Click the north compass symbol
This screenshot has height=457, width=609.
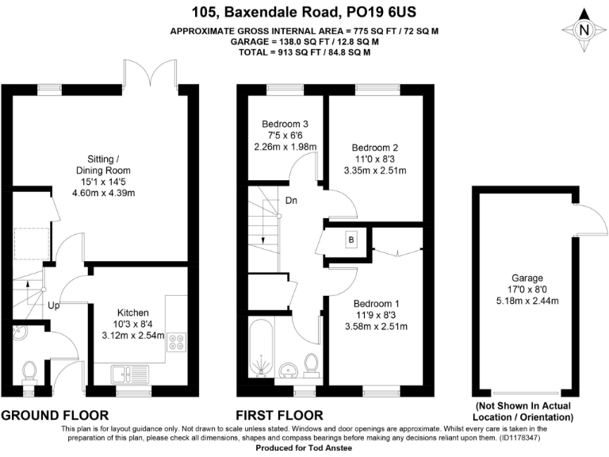pyautogui.click(x=584, y=29)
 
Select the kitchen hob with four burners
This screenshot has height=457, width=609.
pyautogui.click(x=175, y=343)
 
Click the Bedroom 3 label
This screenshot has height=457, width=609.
pyautogui.click(x=285, y=124)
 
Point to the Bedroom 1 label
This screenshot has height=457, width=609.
pyautogui.click(x=376, y=303)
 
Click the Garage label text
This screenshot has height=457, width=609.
pyautogui.click(x=527, y=278)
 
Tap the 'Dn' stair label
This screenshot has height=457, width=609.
pyautogui.click(x=292, y=200)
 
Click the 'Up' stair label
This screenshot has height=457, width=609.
pyautogui.click(x=53, y=305)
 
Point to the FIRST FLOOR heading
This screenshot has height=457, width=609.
pyautogui.click(x=279, y=415)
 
